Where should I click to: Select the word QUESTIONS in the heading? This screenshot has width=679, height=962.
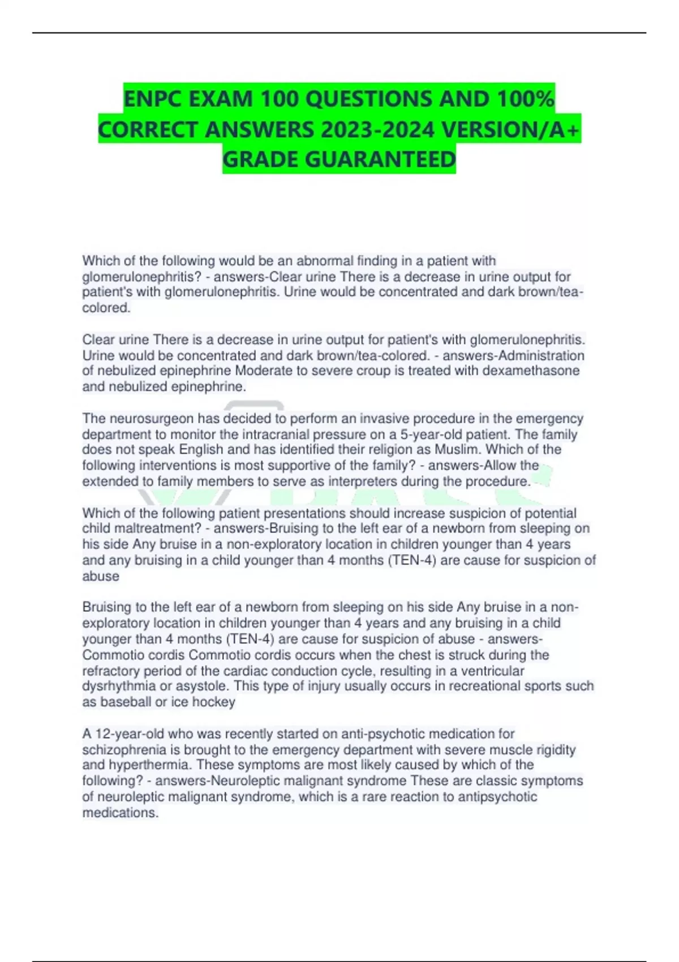pos(361,99)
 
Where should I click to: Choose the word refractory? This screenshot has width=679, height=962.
pos(111,671)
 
